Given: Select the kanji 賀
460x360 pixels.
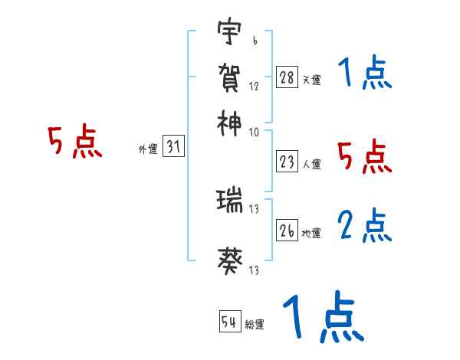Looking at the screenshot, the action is point(230,77).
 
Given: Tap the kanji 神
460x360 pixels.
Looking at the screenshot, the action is point(230,121).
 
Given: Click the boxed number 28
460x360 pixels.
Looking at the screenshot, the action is point(287,77).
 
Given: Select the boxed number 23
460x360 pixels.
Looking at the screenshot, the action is point(287,162).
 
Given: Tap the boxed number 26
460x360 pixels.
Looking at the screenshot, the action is point(287,230).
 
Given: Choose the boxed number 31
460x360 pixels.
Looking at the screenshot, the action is point(173,149).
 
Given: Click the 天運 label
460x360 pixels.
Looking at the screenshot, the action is point(311,80).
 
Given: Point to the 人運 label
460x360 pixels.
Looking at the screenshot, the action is point(311,164).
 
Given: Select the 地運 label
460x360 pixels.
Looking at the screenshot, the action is point(311,233).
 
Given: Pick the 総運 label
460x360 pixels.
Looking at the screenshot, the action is point(255,325).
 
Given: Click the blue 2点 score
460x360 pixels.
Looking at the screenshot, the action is point(364,226).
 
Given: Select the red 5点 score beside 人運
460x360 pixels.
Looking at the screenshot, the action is point(364,158).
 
